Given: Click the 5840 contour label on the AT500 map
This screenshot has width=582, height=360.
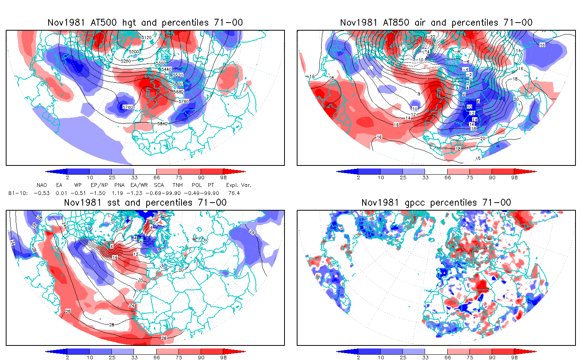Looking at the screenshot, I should [163, 124].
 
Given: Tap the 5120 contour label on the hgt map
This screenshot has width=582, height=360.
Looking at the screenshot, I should [146, 38].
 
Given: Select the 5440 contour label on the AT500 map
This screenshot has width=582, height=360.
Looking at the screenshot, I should [167, 69].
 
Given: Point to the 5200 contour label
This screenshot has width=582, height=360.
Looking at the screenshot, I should [134, 52].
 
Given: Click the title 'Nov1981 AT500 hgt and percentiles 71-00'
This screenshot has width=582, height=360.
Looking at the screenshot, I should [145, 23].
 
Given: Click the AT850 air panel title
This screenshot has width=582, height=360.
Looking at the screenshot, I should [436, 23].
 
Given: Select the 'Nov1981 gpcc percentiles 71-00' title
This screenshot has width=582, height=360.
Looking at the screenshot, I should [436, 203].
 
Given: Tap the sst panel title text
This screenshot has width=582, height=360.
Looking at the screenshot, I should [145, 203].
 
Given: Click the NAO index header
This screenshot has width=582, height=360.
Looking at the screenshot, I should [42, 185].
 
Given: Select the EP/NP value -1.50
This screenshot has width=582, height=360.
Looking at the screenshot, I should [98, 193].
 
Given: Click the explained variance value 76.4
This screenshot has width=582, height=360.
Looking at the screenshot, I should [234, 193].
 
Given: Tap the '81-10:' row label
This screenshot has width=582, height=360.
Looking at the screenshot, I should [18, 193].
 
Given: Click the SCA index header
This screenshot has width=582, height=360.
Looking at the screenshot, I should [159, 185].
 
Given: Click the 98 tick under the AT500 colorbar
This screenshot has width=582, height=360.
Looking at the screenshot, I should [223, 177].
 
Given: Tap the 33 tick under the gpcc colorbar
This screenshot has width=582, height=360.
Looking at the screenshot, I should [425, 357].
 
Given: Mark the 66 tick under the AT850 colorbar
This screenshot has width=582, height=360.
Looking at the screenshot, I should [448, 177].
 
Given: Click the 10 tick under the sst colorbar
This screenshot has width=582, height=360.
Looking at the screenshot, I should [90, 357].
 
